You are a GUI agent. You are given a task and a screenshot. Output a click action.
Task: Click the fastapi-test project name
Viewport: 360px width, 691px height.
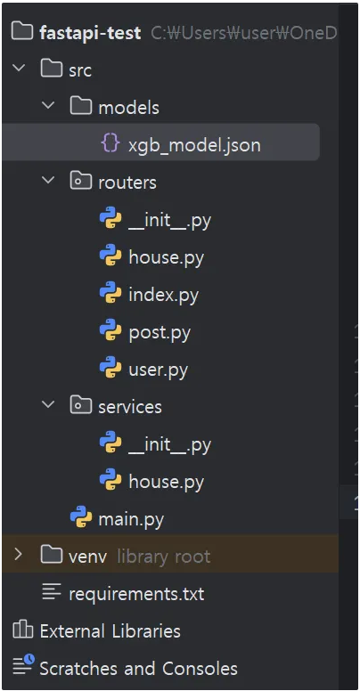pos(90,33)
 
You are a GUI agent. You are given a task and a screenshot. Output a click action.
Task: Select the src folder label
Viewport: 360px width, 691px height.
pos(80,70)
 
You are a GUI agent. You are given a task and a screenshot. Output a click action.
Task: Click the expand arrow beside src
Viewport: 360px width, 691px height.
pos(18,69)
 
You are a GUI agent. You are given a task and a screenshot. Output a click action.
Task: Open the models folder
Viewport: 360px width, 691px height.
pos(128,108)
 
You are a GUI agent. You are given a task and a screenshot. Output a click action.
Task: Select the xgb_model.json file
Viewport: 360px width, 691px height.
pos(194,145)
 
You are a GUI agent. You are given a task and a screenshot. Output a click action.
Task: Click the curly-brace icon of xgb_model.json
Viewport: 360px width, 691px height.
pos(110,143)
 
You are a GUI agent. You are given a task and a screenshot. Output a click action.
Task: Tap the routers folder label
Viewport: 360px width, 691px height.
pos(127,183)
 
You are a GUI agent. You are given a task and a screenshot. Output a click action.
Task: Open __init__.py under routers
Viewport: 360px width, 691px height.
pos(169,220)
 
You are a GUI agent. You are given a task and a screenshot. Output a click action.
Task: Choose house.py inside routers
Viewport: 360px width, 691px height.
pos(166,257)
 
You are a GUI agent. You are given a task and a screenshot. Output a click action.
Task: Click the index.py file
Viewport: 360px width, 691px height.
pos(163,295)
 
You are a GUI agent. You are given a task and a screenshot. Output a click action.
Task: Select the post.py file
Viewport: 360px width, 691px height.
pos(160,333)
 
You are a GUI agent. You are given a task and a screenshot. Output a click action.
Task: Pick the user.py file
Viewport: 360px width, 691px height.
pos(158,370)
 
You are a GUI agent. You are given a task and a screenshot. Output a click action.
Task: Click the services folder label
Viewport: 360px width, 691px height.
pos(130,407)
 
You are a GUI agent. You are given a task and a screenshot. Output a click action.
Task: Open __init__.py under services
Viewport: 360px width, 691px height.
pos(169,444)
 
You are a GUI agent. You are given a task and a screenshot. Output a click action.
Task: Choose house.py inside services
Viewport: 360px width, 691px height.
pos(166,482)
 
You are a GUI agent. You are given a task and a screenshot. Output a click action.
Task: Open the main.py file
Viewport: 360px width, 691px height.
pos(131,519)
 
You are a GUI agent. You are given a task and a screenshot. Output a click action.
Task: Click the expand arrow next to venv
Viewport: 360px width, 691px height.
pos(18,554)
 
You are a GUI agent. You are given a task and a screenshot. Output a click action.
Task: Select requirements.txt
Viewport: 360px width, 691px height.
pos(136,594)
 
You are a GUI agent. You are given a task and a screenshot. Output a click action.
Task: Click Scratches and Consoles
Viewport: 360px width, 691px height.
pos(138,668)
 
